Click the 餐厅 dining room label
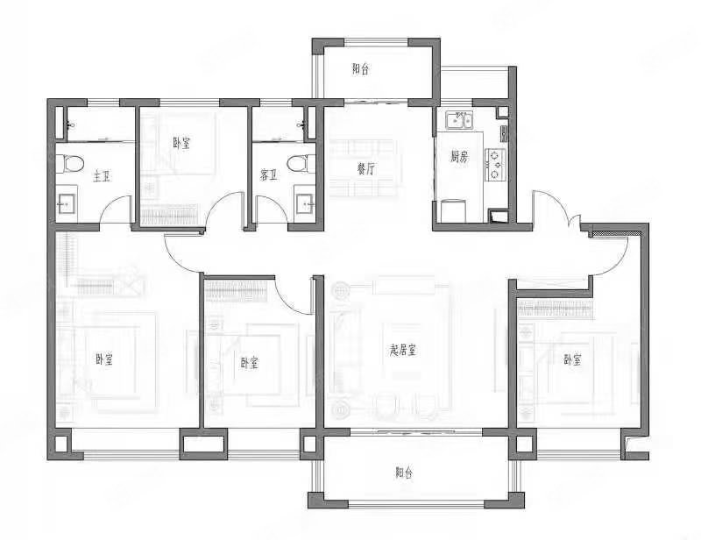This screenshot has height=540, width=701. point(366,168)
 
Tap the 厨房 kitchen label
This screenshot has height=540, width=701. point(458,157)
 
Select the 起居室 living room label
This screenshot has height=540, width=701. point(402,350)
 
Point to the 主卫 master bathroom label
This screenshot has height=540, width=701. point(102,177)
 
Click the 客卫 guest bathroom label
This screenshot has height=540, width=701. point(269,175)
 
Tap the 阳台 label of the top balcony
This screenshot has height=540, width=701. point(361,69)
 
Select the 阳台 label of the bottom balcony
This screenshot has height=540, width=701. point(404,472)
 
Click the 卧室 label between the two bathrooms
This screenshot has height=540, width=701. point(181,143)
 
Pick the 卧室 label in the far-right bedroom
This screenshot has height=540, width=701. point(572,359)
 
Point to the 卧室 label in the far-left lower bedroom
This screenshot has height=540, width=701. point(103,359)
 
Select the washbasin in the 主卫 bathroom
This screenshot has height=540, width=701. point(67,205)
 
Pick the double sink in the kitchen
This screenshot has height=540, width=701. point(459,120)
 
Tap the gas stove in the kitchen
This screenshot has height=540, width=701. point(495,164)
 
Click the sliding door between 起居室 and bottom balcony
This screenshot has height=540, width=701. point(416,431)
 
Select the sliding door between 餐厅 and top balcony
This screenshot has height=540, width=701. point(376,102)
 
